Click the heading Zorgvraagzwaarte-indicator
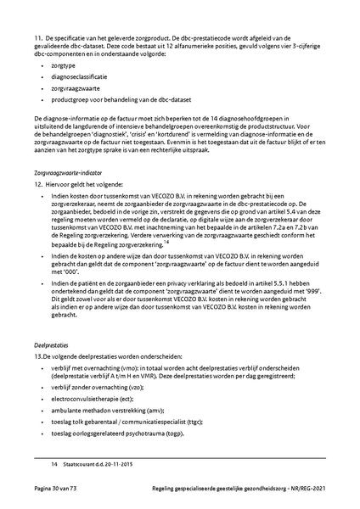(68, 171)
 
